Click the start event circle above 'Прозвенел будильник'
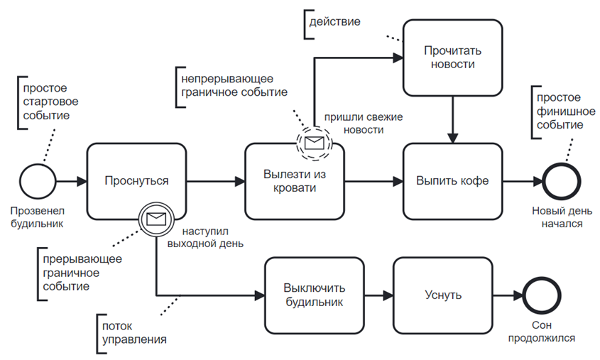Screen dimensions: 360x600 [x=37, y=181]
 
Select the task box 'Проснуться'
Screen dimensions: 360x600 [x=136, y=181]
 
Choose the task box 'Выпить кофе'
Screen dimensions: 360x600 [x=452, y=181]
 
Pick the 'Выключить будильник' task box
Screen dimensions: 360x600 [x=313, y=295]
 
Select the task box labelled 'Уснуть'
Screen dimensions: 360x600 [x=442, y=295]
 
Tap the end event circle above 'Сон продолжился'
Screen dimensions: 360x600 [x=538, y=295]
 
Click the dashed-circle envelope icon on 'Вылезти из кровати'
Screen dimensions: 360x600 [x=314, y=142]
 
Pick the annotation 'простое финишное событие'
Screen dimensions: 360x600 [x=560, y=111]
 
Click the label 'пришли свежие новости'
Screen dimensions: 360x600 [x=354, y=123]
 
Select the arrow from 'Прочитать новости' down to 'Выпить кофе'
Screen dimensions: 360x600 [x=452, y=119]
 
